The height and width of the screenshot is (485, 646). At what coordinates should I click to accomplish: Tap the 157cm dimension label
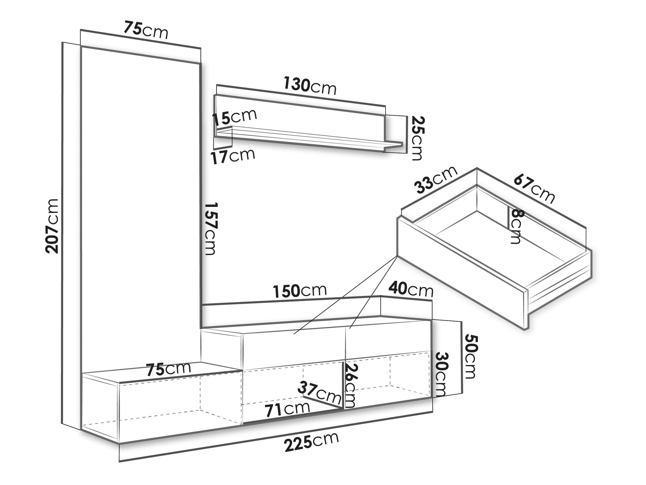tap(210, 228)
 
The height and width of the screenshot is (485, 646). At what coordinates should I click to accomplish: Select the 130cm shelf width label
tap(310, 86)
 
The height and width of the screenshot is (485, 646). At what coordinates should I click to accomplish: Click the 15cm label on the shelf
tap(234, 117)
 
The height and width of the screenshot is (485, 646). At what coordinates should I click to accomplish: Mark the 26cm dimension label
tap(350, 385)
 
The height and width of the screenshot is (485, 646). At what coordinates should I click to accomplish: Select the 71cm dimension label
tap(287, 409)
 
